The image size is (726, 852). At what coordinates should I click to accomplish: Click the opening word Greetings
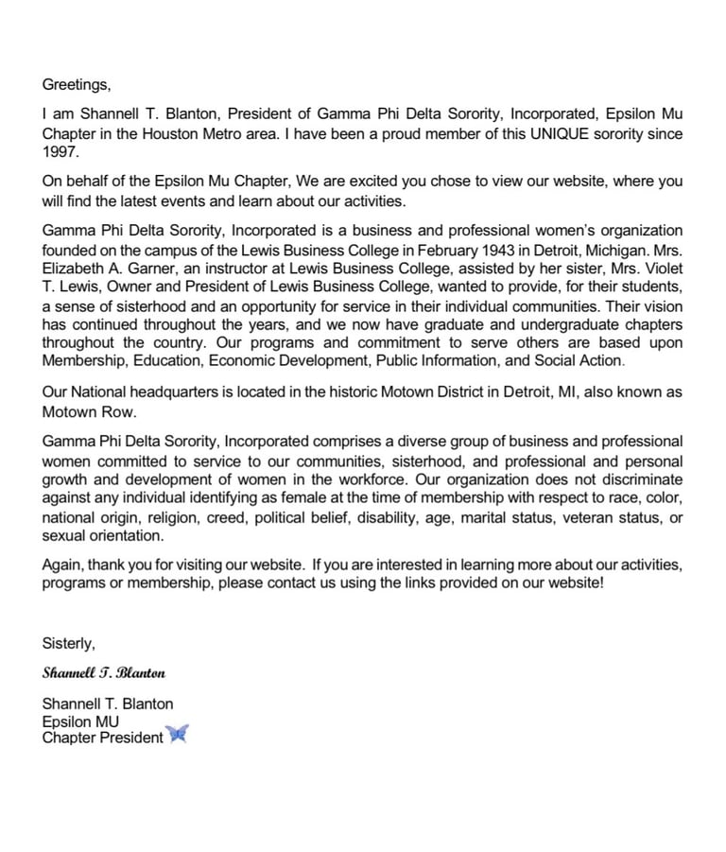[x=76, y=85]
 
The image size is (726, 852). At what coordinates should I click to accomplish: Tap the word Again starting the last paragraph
[x=62, y=565]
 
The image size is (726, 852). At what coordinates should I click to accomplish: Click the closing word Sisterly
[x=68, y=644]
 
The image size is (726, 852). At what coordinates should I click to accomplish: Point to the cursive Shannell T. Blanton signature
[x=104, y=673]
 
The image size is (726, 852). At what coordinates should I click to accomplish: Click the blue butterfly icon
[x=178, y=735]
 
